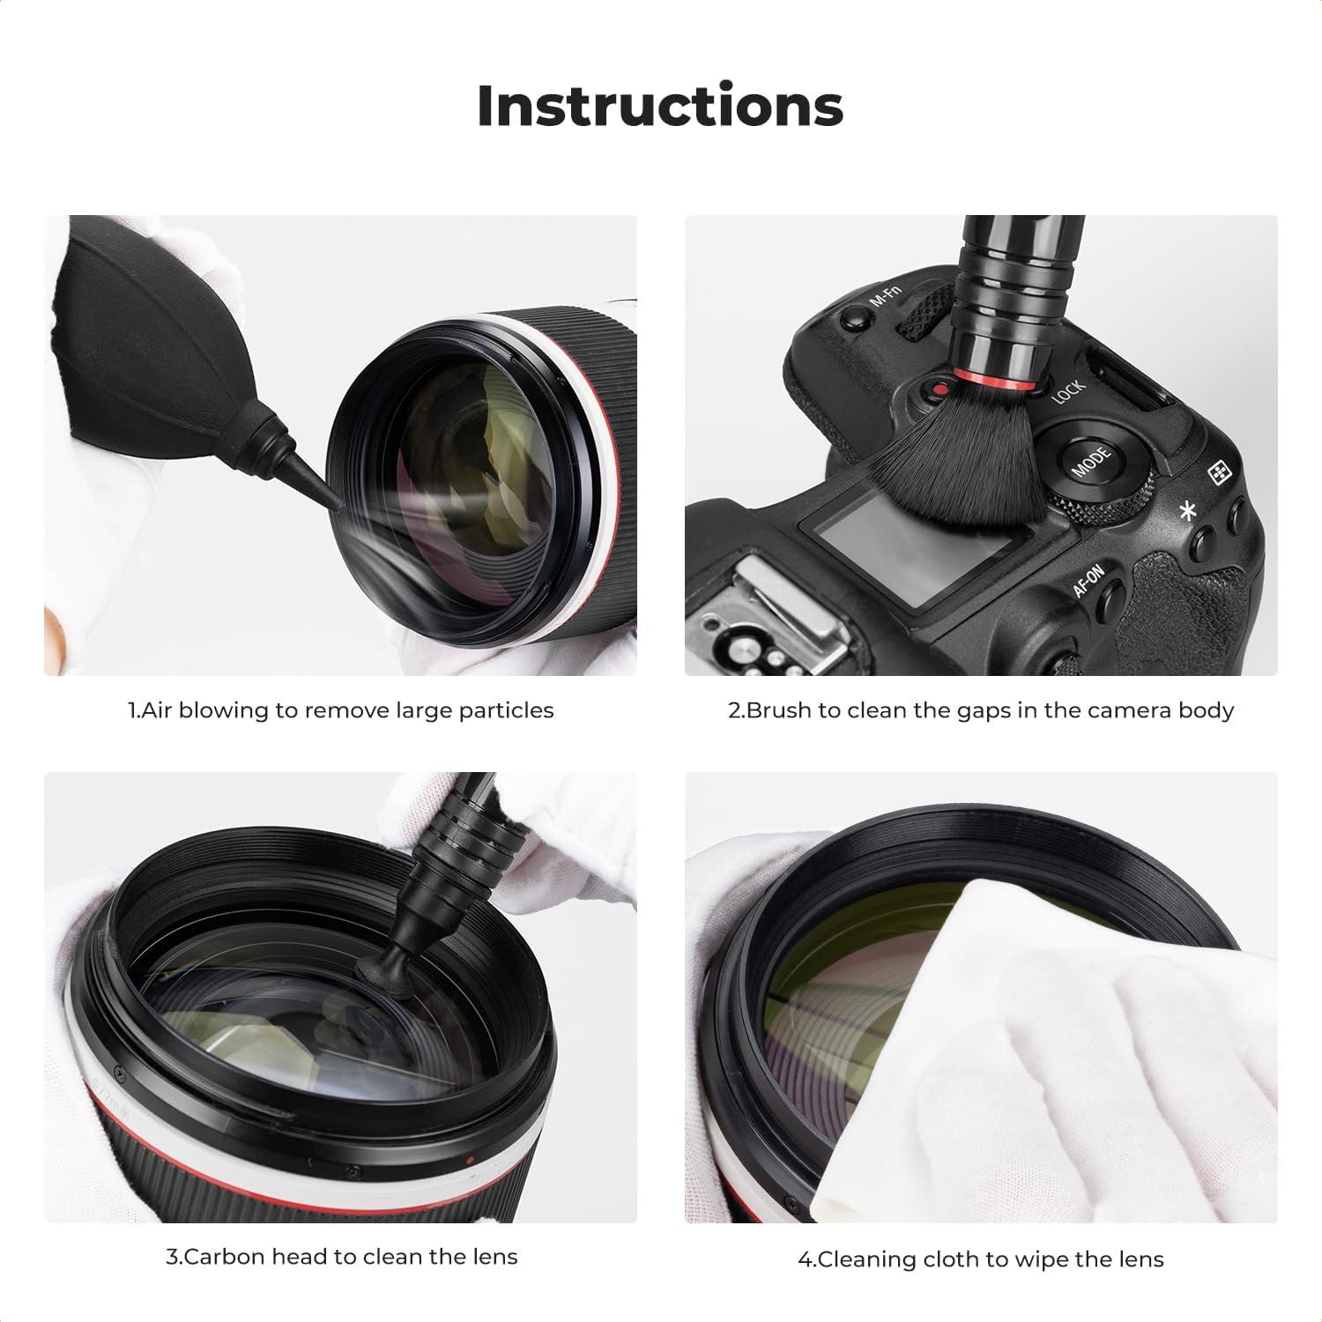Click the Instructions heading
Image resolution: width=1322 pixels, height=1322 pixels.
pos(660,106)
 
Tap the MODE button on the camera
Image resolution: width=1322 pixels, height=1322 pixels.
pos(1090,459)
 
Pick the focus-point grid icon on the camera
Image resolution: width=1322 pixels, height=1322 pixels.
pos(1220,474)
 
